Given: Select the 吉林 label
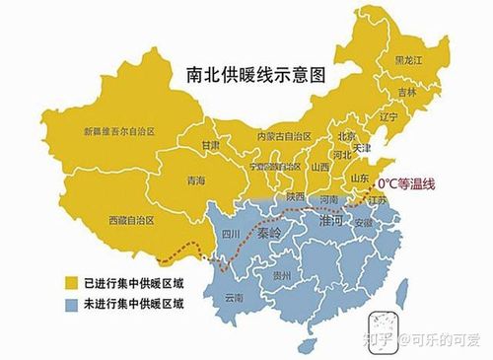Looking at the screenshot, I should (407, 92).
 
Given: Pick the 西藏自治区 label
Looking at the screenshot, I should (132, 218).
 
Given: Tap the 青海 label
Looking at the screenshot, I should (195, 181).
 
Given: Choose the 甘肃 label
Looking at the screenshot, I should (211, 145).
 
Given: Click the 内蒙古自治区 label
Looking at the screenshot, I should (284, 136).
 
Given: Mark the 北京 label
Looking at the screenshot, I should (346, 136).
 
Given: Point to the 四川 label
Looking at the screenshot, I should (230, 235).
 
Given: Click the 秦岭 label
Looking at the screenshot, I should (268, 236).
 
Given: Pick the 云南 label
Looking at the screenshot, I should (235, 297).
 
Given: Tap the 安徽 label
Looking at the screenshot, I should (364, 223).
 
